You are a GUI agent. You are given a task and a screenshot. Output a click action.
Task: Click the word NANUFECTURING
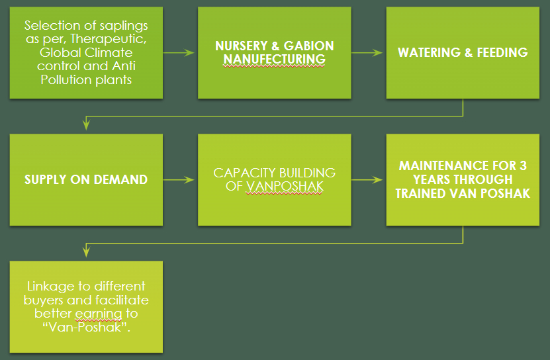(274, 60)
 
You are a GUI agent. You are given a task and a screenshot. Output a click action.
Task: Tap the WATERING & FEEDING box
(463, 52)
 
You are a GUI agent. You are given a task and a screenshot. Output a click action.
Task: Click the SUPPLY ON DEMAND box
(86, 179)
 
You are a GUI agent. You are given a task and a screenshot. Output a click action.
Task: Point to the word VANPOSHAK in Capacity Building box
(285, 186)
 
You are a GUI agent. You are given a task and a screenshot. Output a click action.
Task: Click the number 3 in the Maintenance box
(522, 165)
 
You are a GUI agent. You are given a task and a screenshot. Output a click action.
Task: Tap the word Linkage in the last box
(48, 287)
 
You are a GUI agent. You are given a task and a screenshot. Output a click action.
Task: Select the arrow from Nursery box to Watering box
(369, 53)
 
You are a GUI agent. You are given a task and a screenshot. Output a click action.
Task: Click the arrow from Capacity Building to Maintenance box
(369, 179)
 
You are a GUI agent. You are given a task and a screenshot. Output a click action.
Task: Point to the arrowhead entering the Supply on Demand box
(86, 126)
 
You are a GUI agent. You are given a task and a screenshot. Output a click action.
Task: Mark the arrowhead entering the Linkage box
(86, 253)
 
